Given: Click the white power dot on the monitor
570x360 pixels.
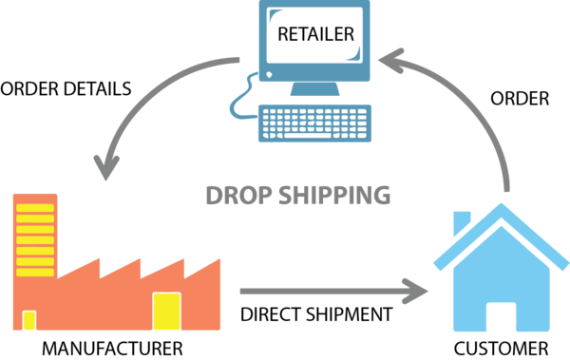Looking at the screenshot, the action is [x=269, y=74].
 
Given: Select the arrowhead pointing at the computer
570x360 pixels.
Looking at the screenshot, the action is [x=387, y=60].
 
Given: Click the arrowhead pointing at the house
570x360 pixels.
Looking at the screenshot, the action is [x=416, y=291].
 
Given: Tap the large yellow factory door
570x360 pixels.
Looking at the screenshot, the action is [x=166, y=312].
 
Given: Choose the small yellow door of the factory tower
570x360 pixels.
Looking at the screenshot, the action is [x=28, y=320].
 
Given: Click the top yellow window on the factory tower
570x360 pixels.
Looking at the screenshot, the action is [x=35, y=208].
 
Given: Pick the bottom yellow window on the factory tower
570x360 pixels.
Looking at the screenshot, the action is [x=35, y=272].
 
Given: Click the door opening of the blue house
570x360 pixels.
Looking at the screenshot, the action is [x=501, y=316].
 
